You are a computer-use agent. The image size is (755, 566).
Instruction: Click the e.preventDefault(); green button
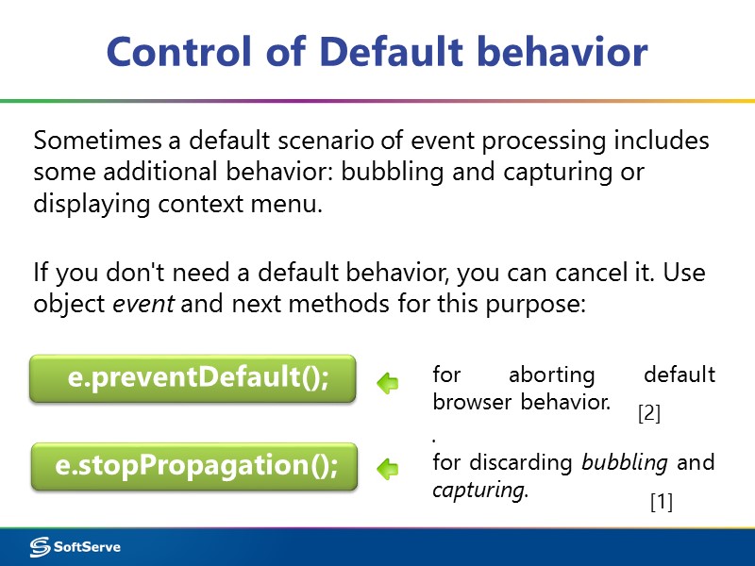(x=193, y=378)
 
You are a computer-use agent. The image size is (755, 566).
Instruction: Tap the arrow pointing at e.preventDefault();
(x=387, y=383)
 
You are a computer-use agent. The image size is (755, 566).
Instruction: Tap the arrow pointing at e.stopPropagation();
(x=387, y=468)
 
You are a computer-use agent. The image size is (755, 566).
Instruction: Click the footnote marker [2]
(x=649, y=412)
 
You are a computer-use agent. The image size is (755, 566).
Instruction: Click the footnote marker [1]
(x=661, y=503)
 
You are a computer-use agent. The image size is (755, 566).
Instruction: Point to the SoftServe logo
(x=75, y=547)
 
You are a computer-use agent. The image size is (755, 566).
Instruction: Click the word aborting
(x=552, y=375)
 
